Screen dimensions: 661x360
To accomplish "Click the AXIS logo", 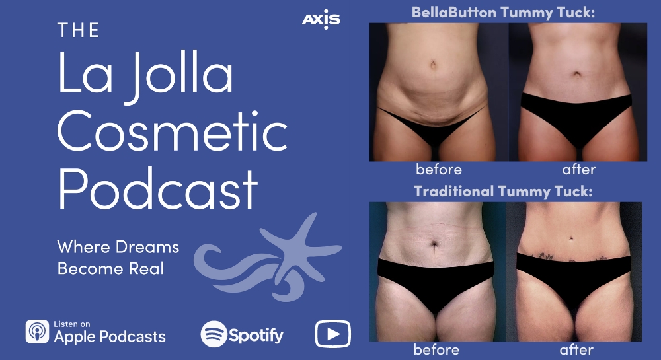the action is pos(321,19).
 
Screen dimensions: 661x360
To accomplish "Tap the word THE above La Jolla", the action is pos(79,30).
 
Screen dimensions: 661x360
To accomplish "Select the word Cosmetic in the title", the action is pos(173,131).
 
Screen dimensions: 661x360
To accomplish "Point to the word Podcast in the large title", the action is pos(158,188).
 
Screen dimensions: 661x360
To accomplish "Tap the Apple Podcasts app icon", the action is pos(37,332).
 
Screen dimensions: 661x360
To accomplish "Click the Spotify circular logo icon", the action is pos(214,334).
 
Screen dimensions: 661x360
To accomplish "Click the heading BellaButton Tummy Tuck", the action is pos(503,13).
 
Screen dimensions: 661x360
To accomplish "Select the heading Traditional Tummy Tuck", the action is pos(503,192).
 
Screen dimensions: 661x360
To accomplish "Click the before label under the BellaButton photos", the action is pos(438,169).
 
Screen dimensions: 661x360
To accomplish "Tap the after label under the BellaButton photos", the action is pos(579,169).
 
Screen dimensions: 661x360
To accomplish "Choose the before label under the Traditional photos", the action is pos(436,349).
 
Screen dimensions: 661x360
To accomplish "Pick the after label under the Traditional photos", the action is pos(576,349).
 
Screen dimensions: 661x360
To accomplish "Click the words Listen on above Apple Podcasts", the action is pos(71,324).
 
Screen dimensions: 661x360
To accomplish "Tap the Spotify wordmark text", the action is pos(256,335).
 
